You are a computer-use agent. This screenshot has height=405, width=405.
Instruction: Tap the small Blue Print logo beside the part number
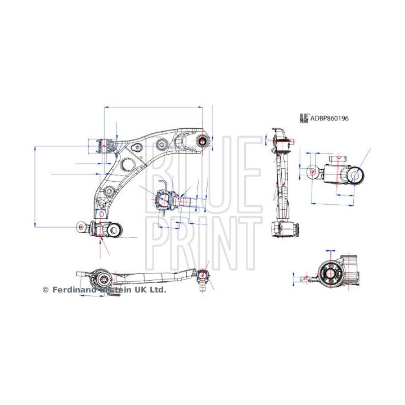point(304,119)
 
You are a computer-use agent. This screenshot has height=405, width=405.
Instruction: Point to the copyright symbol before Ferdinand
point(46,290)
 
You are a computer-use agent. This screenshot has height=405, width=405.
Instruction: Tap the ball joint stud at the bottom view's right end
point(204,279)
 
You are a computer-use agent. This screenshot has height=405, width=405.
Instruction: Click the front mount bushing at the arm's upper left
point(103,146)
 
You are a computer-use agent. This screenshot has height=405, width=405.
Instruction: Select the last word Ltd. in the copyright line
point(159,290)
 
